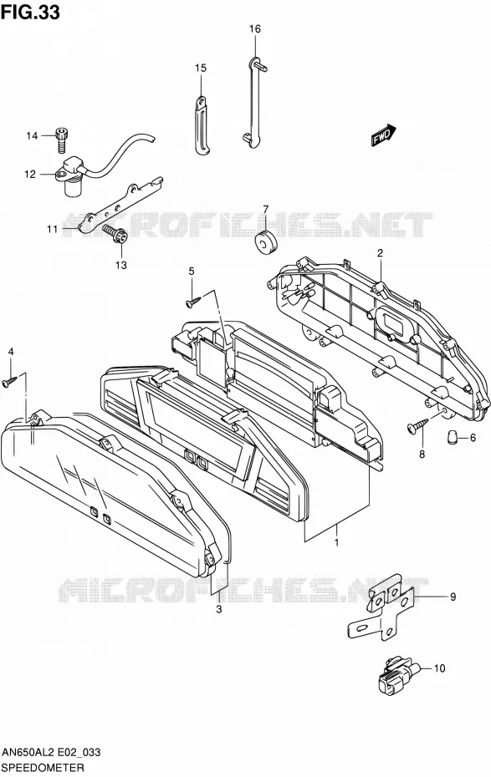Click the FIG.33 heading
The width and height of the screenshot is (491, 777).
(31, 12)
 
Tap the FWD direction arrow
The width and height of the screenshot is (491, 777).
(384, 135)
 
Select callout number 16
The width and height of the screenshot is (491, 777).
(254, 29)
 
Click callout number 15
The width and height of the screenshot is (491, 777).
(201, 68)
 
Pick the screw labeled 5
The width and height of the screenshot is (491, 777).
(193, 300)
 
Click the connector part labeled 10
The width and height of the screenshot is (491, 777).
(399, 674)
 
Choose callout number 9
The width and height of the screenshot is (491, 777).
(453, 597)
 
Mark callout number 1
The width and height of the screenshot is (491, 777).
(337, 542)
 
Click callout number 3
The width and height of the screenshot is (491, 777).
(218, 610)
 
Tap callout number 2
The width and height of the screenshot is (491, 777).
(380, 253)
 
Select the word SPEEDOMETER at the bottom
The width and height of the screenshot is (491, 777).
(42, 768)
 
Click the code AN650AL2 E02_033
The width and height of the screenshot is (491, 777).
(51, 753)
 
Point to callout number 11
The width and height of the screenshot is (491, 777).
(53, 229)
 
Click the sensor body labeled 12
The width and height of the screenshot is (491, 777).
(73, 176)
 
